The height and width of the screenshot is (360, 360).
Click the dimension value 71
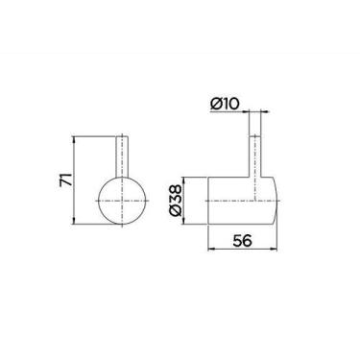click(65, 180)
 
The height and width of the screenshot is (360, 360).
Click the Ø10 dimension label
click(225, 104)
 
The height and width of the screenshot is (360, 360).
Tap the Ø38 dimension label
click(176, 202)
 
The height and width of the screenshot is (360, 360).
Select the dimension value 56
click(242, 241)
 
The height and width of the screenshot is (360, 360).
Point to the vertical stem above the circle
click(122, 156)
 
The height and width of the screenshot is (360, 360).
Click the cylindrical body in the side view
click(243, 201)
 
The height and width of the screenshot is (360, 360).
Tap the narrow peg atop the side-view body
click(255, 156)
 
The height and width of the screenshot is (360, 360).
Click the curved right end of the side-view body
click(277, 201)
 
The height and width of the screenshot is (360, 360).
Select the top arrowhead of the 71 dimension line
click(74, 139)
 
